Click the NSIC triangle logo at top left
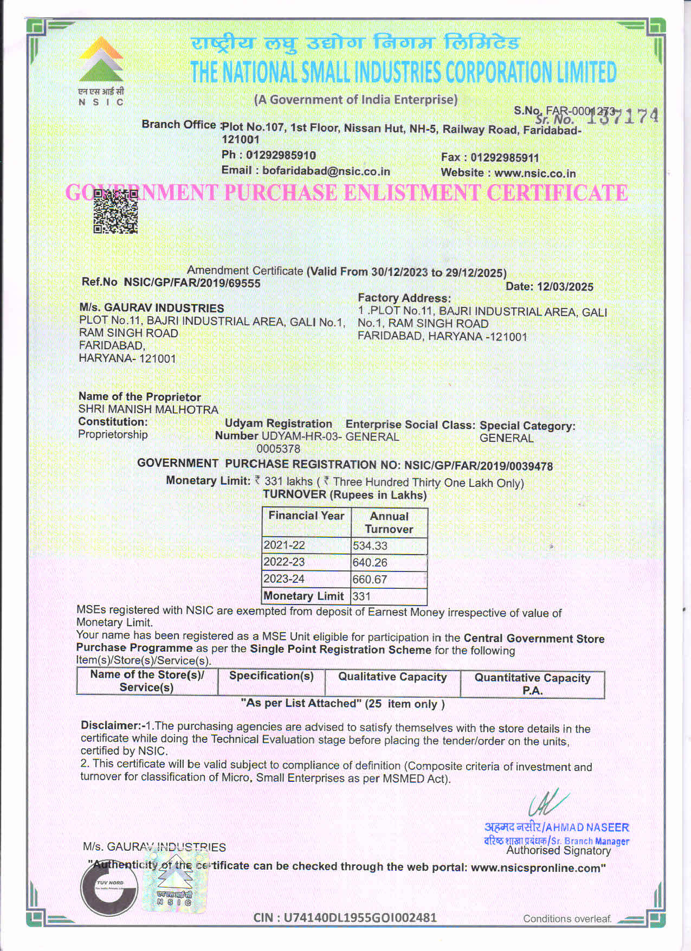coord(101,60)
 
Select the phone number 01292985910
coord(281,155)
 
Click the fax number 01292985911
coord(505,158)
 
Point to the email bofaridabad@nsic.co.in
coord(326,171)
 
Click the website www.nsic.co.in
coord(535,174)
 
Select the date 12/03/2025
coord(565,287)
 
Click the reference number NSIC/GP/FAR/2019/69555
coord(192,283)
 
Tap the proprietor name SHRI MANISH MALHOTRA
coord(148,409)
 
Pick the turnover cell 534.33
coord(370,546)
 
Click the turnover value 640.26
coord(370,563)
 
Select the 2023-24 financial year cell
coord(284,579)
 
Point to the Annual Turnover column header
coord(389,523)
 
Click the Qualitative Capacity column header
coord(392,677)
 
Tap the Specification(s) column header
coord(272,676)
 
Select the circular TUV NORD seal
coord(109,889)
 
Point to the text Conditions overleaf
coord(567,918)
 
